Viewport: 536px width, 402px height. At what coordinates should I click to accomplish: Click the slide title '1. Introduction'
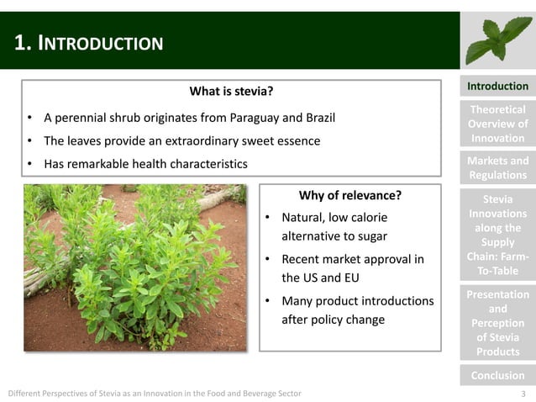(89, 43)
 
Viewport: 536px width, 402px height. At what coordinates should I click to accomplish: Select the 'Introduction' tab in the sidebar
(497, 87)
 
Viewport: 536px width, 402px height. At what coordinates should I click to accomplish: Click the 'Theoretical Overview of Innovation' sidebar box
(497, 124)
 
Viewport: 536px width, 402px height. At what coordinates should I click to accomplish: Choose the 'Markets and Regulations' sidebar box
(497, 168)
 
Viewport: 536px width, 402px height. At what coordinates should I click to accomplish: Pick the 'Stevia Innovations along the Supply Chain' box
(497, 235)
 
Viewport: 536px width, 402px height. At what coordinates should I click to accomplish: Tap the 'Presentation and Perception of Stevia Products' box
(497, 323)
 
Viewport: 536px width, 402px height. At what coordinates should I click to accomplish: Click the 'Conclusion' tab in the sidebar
(497, 375)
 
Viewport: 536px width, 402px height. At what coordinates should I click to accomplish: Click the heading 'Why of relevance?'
(349, 196)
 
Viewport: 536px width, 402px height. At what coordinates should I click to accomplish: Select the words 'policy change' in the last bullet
(349, 320)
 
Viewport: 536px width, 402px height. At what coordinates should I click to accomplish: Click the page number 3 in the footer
(523, 394)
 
